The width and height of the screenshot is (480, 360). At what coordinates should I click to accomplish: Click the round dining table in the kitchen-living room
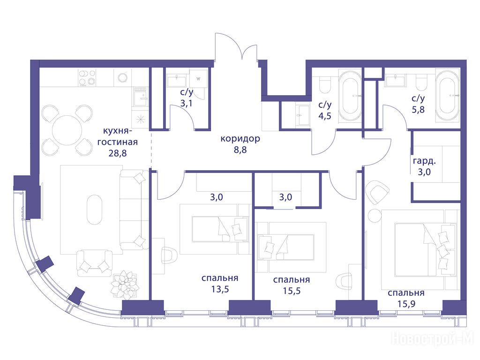(x=67, y=130)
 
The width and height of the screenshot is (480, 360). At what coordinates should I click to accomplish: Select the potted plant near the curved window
(x=125, y=285)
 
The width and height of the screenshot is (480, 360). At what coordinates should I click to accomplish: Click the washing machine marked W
(x=198, y=79)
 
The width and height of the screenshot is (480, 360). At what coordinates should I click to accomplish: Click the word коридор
(x=240, y=139)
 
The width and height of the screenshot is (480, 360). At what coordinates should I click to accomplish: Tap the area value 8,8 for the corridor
(x=240, y=150)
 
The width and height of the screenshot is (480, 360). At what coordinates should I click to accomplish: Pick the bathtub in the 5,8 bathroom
(x=448, y=96)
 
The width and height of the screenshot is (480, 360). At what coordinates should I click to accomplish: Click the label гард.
(x=424, y=161)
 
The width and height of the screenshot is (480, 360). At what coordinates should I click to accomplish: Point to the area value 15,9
(x=406, y=304)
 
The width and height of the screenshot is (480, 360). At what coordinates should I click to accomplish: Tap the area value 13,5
(x=220, y=289)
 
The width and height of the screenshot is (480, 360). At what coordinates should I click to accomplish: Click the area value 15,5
(x=292, y=291)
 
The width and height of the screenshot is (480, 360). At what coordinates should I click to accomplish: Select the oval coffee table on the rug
(x=95, y=210)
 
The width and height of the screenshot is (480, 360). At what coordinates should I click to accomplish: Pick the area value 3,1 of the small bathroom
(x=186, y=103)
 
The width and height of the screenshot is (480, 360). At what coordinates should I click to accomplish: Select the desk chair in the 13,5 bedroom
(x=168, y=255)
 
